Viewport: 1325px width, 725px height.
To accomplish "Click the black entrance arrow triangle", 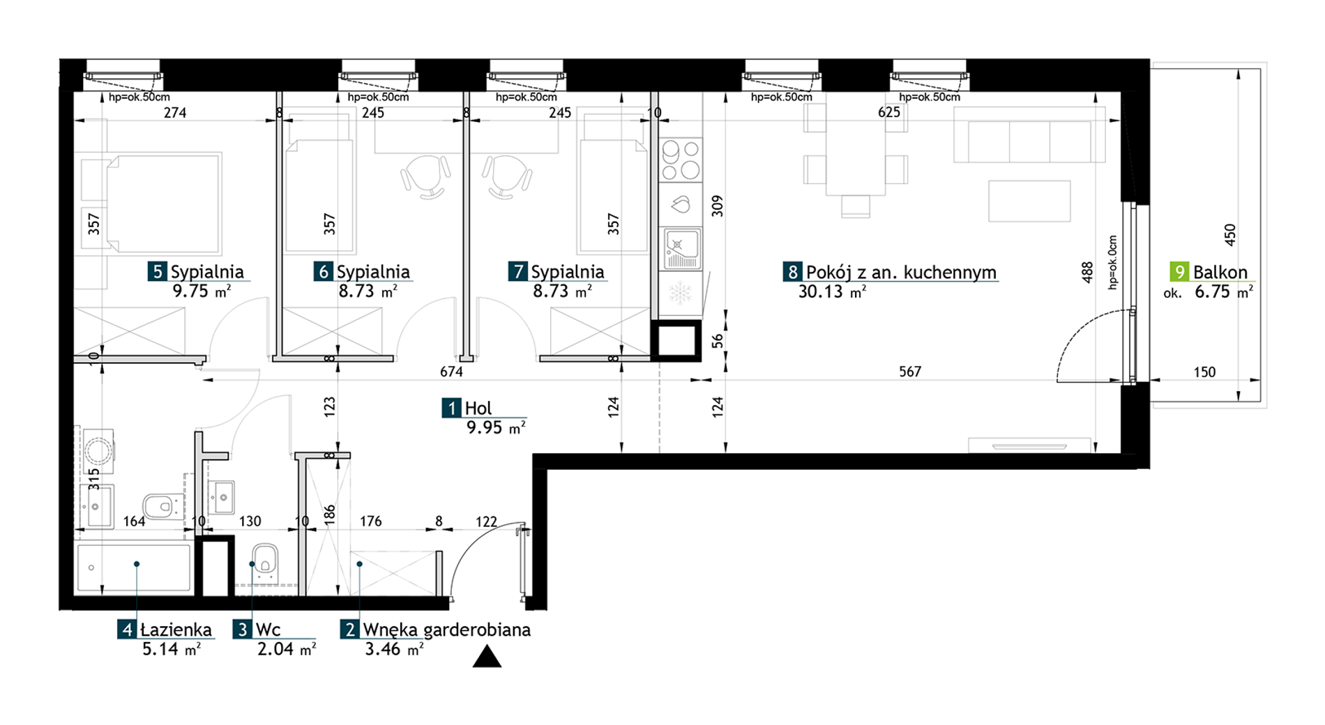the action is point(487,657).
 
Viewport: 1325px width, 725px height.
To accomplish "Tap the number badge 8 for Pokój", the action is point(792,272).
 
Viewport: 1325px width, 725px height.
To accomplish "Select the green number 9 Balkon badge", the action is point(1179,272).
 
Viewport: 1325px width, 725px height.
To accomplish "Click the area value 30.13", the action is point(820,291).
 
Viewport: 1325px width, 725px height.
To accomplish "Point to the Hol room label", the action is point(478,408).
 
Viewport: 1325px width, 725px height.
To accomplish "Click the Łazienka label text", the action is point(176,629).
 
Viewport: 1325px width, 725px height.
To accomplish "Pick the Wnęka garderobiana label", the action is point(447,629).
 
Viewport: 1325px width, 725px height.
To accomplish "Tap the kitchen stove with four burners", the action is point(681,160).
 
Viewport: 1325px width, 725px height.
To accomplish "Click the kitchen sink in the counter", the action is point(681,248).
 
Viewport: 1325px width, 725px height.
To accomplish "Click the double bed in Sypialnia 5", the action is point(163,204).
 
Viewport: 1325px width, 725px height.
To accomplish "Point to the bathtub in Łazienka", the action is point(133,568).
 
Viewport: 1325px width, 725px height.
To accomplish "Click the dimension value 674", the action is point(451,372).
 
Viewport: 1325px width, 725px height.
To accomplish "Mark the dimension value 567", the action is point(910,372).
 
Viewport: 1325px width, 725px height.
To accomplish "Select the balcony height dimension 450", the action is point(1229,234).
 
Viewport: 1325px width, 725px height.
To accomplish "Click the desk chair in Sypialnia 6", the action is point(425,176).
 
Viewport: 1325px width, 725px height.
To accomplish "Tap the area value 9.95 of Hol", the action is point(484,427).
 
